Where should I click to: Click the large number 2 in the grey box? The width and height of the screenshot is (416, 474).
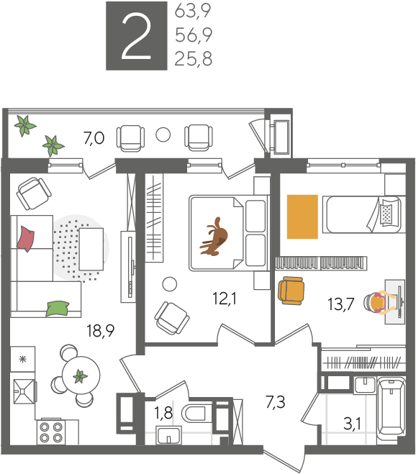(137, 37)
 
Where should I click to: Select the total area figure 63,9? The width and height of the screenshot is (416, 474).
(193, 12)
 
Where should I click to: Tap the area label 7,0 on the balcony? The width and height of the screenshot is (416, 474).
(94, 138)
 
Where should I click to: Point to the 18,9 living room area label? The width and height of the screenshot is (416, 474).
(101, 330)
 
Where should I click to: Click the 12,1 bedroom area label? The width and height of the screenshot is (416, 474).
(225, 298)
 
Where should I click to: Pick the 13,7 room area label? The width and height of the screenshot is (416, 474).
(341, 304)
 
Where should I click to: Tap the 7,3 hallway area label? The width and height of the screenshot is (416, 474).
(276, 402)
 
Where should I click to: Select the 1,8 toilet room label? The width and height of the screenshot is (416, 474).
(163, 413)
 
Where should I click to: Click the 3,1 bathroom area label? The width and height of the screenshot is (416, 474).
(353, 424)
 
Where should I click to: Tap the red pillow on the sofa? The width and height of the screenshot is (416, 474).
(26, 239)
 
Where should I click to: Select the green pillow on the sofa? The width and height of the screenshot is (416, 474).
(58, 309)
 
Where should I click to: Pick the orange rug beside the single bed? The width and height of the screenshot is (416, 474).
(302, 217)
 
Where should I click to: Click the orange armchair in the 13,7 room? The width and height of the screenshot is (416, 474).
(291, 291)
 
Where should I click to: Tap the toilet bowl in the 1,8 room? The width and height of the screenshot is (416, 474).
(194, 414)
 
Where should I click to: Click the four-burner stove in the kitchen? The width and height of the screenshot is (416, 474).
(51, 432)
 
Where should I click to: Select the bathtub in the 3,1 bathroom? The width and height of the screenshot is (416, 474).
(392, 410)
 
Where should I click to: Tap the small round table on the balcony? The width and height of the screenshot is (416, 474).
(163, 135)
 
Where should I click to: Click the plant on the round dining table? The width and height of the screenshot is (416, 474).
(80, 377)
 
